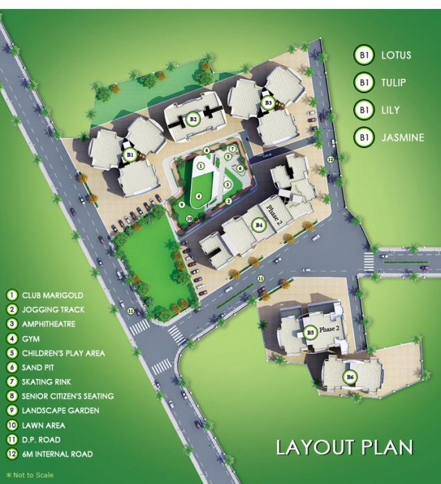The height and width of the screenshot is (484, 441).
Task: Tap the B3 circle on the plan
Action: pos(268,103)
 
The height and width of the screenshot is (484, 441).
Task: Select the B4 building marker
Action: pos(259,225)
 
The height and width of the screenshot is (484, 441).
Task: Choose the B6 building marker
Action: pos(350,377)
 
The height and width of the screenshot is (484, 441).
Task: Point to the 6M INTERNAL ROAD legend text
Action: pos(55,454)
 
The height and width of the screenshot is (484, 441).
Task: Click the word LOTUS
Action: pos(396,55)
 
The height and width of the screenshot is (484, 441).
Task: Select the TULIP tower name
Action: pos(393,82)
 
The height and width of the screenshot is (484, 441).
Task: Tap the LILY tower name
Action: pos(390,110)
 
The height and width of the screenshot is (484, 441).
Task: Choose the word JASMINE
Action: pos(402,138)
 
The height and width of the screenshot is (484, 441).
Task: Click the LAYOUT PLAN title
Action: pos(344,447)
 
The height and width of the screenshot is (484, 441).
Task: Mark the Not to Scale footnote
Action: pos(28,475)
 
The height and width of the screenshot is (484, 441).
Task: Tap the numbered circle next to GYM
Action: pos(12,338)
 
